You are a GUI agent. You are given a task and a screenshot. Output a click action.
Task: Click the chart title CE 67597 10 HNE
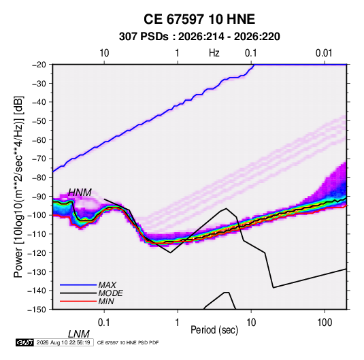click(199, 19)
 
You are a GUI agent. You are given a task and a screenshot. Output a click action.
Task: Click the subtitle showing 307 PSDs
click(199, 37)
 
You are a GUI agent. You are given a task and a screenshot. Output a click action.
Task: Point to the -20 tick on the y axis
click(39, 65)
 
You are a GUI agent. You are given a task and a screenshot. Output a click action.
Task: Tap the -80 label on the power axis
click(39, 178)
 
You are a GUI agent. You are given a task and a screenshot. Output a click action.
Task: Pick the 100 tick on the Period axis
click(325, 323)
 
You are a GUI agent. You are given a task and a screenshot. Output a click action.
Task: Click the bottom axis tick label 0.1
click(104, 323)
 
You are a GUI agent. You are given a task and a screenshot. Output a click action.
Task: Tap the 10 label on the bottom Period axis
click(251, 323)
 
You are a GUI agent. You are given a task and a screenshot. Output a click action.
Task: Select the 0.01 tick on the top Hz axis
click(324, 53)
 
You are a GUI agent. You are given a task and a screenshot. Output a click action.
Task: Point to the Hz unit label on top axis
click(214, 53)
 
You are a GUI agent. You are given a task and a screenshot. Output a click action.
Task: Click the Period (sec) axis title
click(214, 330)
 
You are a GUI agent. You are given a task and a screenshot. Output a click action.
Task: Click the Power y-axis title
click(18, 186)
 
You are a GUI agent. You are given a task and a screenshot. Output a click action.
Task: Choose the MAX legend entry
click(107, 284)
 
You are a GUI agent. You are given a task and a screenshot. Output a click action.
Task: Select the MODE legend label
click(110, 293)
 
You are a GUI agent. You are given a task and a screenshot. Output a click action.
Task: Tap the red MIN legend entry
click(106, 301)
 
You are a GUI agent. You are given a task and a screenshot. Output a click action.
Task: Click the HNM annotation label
click(80, 193)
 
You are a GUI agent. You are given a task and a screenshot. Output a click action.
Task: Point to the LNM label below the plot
click(79, 334)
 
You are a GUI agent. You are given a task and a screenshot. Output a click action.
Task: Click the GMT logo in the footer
click(24, 342)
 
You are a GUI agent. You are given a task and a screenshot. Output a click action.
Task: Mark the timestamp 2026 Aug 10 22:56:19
click(63, 342)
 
